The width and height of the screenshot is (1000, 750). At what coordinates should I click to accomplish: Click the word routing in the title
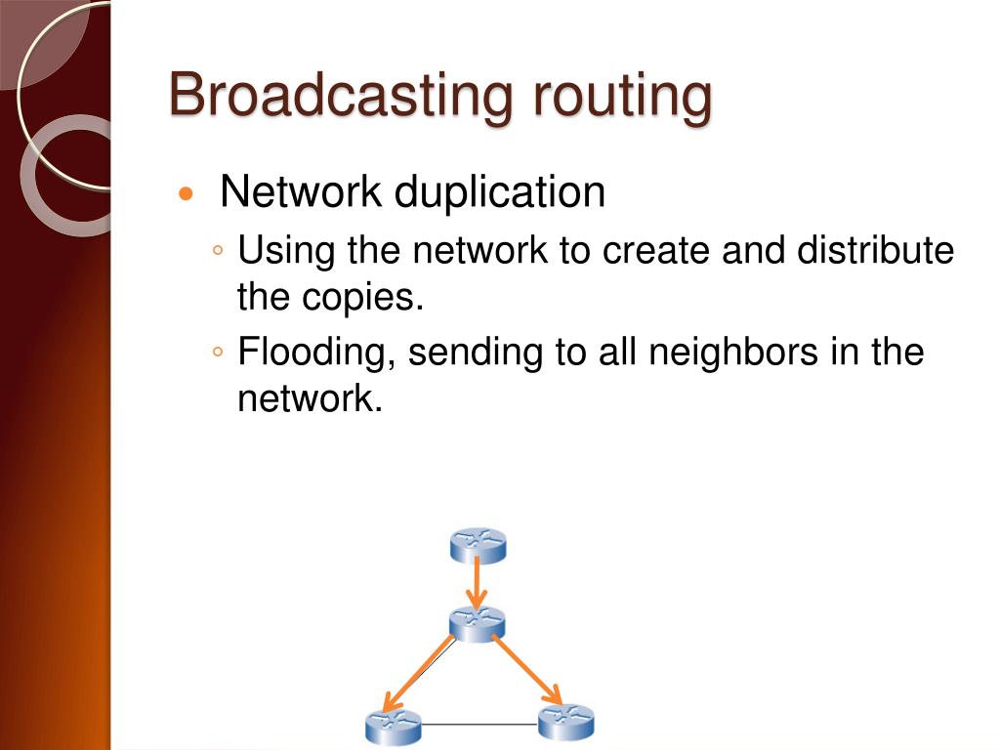point(622,96)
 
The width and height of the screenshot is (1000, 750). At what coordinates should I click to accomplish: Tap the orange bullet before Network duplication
point(187,193)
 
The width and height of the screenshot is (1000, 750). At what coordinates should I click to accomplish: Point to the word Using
point(286,251)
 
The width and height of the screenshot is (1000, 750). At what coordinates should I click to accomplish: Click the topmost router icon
point(478,545)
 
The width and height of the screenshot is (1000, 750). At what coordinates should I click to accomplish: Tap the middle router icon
point(477,622)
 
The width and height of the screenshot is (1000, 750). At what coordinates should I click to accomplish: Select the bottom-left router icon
point(393,727)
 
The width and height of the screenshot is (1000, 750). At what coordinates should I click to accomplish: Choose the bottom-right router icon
point(566,722)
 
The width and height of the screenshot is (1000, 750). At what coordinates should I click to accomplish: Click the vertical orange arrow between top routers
point(477,584)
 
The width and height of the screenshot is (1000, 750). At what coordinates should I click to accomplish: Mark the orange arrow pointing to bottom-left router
point(420,674)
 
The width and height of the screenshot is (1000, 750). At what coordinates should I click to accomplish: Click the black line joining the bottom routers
point(479,725)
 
